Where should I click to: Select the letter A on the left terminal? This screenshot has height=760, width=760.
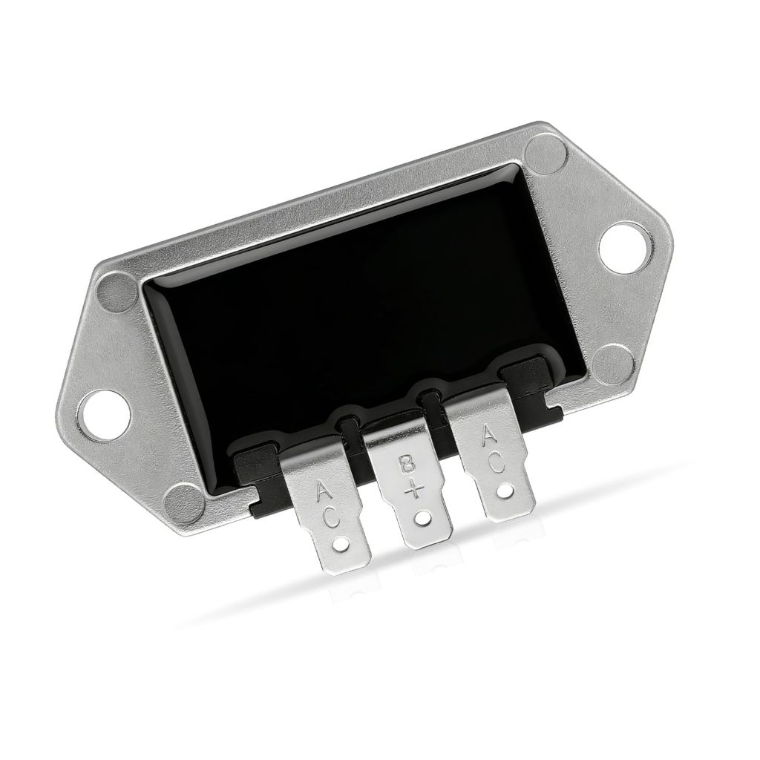(x=325, y=491)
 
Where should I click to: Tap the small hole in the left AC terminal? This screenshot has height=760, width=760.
(x=342, y=546)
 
